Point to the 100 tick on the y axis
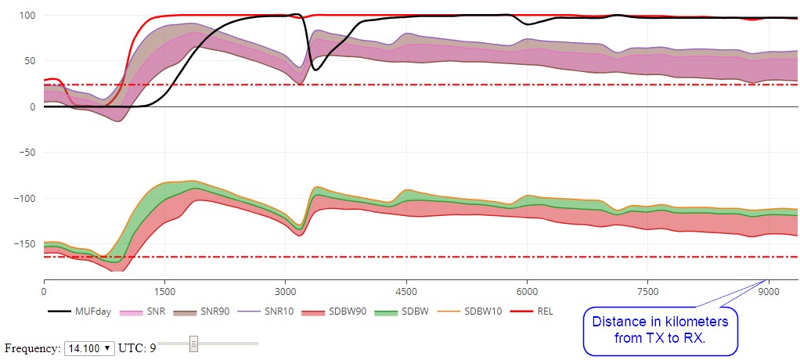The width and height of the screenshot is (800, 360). (27, 16)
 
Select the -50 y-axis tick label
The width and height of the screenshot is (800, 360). (27, 153)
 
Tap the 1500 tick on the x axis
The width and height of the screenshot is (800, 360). (164, 290)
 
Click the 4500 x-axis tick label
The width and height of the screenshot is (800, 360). (406, 290)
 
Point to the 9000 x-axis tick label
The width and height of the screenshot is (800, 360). (769, 290)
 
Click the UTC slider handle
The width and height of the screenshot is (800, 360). (193, 344)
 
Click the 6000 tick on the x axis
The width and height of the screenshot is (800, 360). (527, 290)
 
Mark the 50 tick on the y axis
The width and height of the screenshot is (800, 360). (30, 61)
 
